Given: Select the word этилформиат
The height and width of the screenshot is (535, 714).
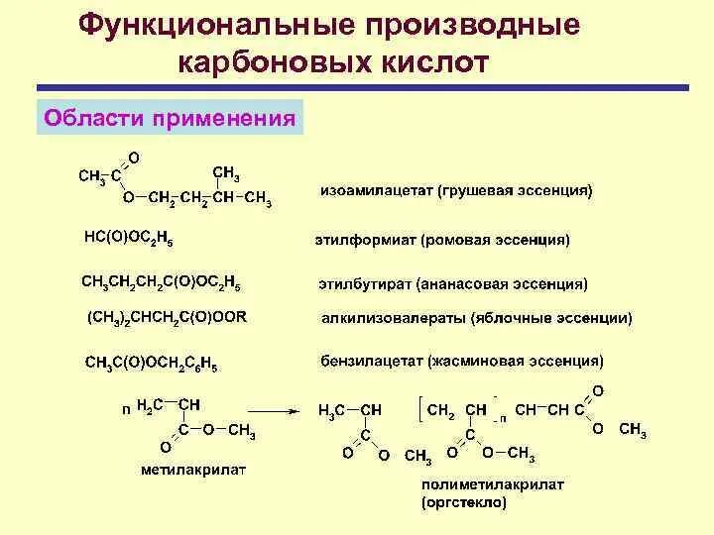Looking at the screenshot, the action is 365,239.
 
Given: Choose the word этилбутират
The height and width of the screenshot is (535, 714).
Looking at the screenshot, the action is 363,284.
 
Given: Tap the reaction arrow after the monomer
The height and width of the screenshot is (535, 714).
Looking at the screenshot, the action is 275,409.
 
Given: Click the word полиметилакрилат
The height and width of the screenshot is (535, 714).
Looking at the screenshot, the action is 479,485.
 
